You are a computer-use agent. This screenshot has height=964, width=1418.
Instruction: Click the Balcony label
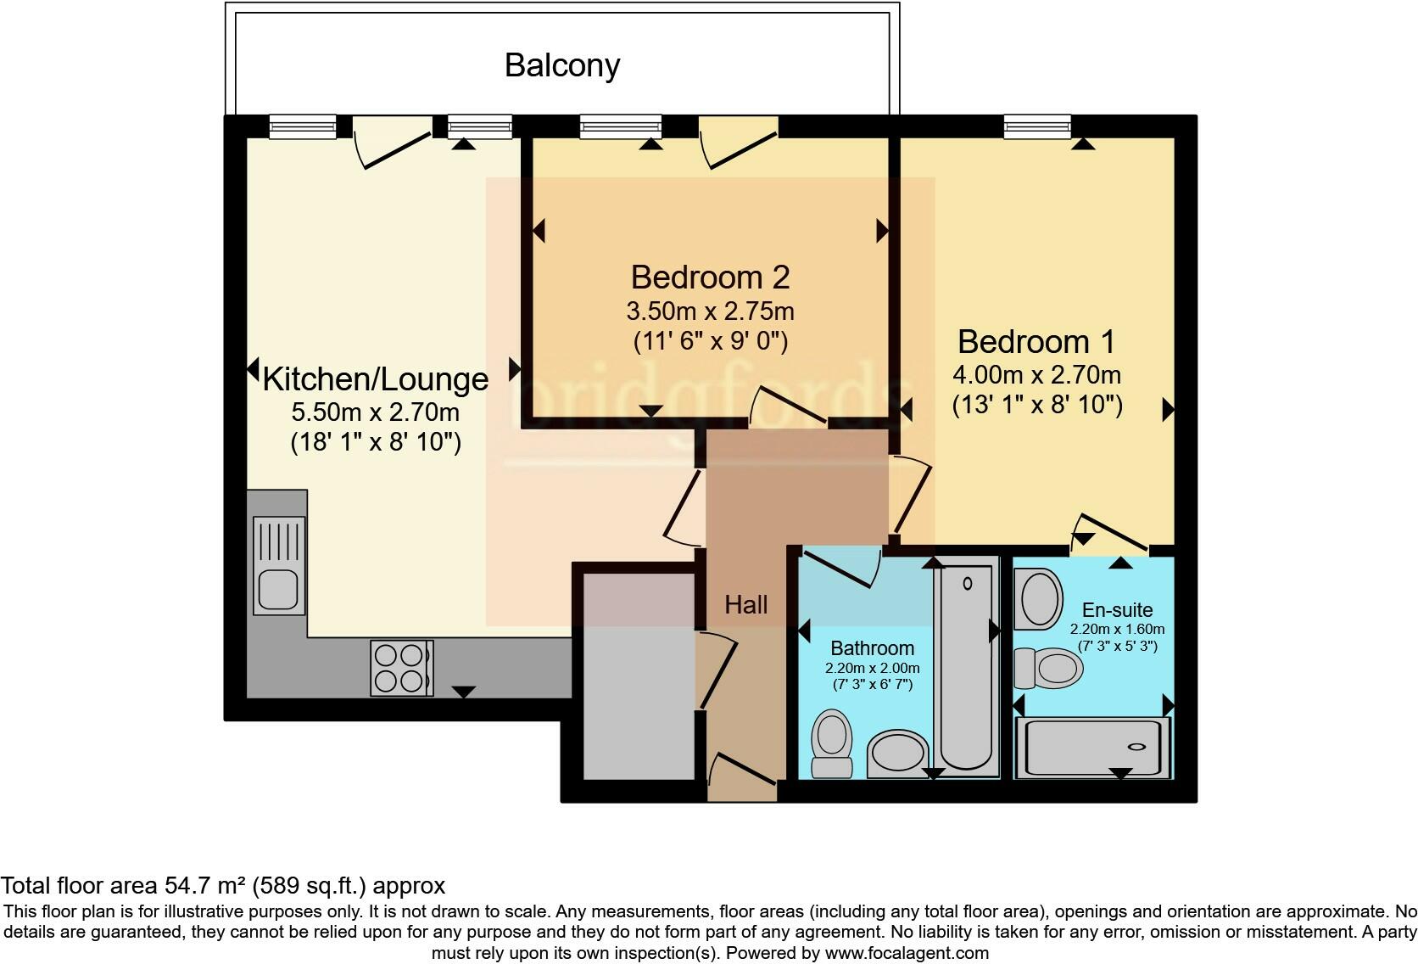(x=562, y=65)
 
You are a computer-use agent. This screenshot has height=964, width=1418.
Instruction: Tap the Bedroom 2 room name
(x=710, y=277)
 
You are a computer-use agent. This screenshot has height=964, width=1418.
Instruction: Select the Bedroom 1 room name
(x=1036, y=342)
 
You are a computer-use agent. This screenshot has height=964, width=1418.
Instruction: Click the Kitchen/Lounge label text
(x=375, y=379)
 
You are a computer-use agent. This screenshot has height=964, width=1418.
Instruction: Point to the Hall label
(x=745, y=605)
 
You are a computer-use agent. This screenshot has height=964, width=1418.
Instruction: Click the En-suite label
(x=1117, y=610)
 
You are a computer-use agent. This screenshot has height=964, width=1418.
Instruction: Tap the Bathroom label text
(x=872, y=648)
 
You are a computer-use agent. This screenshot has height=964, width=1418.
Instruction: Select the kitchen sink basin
(x=277, y=589)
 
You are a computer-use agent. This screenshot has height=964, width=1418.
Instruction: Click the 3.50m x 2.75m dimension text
(x=710, y=311)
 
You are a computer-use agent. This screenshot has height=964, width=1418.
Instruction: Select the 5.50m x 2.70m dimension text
(x=375, y=413)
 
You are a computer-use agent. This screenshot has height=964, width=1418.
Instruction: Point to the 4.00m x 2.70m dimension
(x=1036, y=374)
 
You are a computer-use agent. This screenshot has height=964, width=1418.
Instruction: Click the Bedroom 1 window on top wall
(x=1036, y=126)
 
